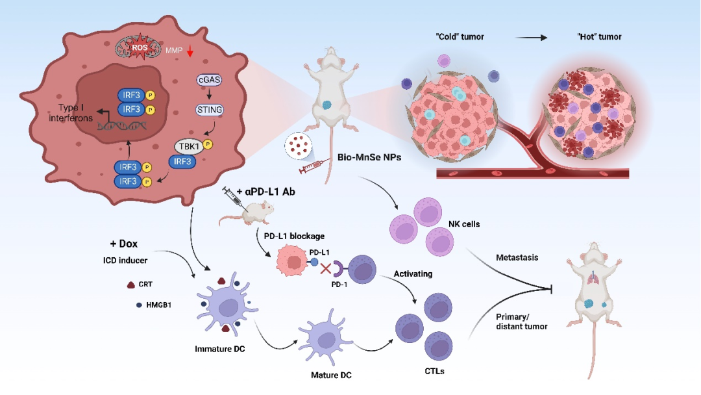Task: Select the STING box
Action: pos(209,110)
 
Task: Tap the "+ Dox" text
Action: pos(124,244)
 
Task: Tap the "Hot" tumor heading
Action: pos(598,36)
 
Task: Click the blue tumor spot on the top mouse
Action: pos(327,104)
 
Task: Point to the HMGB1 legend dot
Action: pos(139,304)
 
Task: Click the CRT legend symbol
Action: pos(130,285)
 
